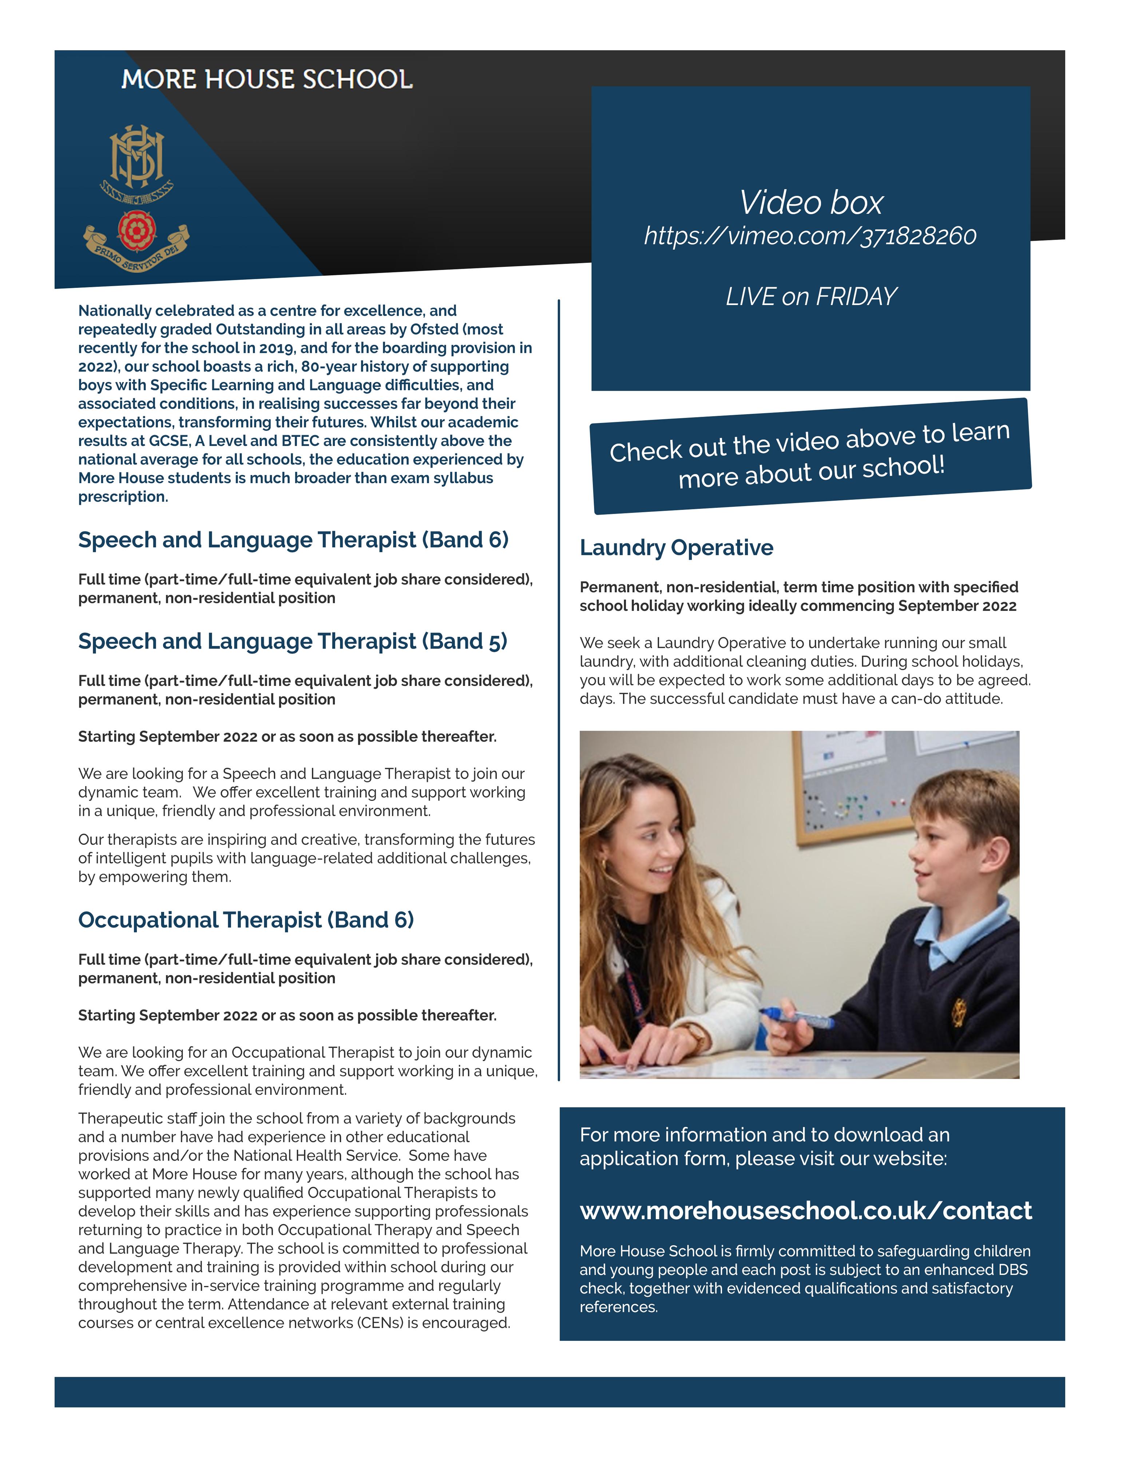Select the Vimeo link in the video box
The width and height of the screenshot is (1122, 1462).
point(810,236)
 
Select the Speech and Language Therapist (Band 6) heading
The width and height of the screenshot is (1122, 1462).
point(293,540)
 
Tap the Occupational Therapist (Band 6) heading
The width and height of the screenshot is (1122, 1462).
point(246,920)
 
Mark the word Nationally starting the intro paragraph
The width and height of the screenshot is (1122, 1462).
point(115,311)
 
